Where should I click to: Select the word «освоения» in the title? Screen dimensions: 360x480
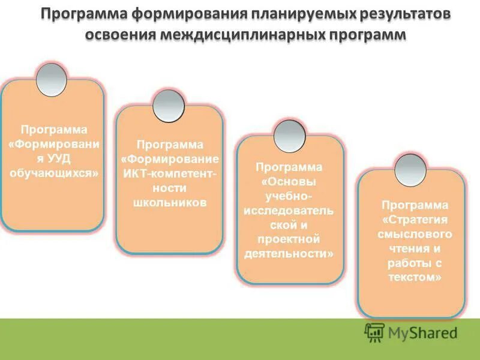pyautogui.click(x=120, y=34)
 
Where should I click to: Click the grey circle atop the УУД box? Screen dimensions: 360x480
pyautogui.click(x=52, y=80)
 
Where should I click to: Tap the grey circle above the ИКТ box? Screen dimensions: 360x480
pyautogui.click(x=169, y=106)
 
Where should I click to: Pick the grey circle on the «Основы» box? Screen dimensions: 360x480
pyautogui.click(x=290, y=135)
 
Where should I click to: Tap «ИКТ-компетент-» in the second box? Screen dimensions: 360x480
pyautogui.click(x=169, y=174)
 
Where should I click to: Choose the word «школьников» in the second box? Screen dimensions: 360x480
pyautogui.click(x=170, y=203)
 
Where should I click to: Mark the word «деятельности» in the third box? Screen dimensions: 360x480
pyautogui.click(x=290, y=254)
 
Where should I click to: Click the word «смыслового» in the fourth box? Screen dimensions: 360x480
pyautogui.click(x=415, y=234)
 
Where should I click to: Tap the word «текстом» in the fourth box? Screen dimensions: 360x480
pyautogui.click(x=415, y=277)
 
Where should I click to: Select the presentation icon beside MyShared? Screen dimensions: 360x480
pyautogui.click(x=375, y=332)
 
